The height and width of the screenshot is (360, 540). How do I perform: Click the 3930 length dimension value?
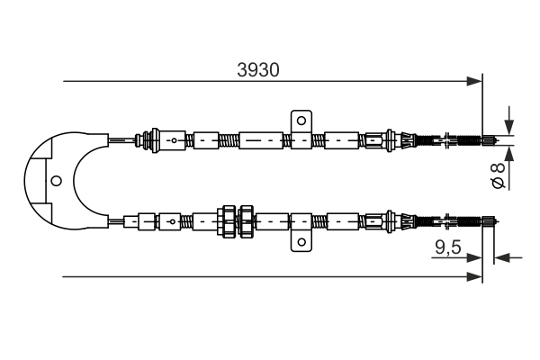tap(258, 70)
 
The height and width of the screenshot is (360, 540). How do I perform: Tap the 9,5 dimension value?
tap(447, 247)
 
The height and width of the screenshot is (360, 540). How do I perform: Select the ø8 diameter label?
tap(499, 175)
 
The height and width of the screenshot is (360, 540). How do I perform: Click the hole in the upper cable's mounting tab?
tap(301, 121)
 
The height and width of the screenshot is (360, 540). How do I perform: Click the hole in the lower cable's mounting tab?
tap(301, 242)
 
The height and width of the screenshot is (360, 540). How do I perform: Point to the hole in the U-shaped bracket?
tap(56, 181)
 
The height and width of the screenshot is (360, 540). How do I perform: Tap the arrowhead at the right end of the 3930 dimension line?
tap(474, 81)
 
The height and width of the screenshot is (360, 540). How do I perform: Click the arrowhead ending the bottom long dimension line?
tap(474, 276)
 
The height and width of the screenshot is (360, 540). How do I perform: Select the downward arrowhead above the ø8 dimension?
tap(509, 127)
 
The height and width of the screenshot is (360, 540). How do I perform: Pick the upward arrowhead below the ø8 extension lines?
tap(509, 154)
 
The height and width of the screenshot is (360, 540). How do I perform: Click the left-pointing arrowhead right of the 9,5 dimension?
tap(502, 257)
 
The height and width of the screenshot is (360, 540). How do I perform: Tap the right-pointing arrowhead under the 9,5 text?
tap(474, 257)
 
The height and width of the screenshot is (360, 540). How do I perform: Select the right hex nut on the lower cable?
tap(247, 221)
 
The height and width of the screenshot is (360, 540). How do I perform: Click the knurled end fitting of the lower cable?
tap(489, 221)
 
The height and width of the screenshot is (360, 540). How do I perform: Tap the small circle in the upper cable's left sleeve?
tap(175, 140)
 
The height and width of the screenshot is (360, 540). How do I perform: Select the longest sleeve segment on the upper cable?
tap(261, 140)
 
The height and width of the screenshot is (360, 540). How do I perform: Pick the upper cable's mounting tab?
tap(301, 130)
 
